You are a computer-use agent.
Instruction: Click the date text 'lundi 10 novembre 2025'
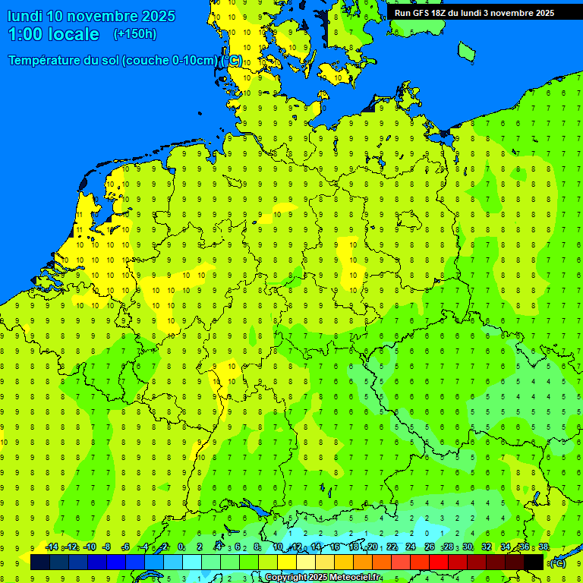pos(91,16)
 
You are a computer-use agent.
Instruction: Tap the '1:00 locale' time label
pos(54,34)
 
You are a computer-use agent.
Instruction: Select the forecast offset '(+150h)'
pos(135,34)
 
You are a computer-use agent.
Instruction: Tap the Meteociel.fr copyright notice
pos(323,578)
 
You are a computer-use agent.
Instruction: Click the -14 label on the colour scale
pos(52,547)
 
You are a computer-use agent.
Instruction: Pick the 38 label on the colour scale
pos(544,547)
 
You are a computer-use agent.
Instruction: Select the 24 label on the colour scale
pos(411,547)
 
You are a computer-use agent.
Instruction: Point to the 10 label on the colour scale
pos(278,547)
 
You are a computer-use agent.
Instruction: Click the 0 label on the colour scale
pos(181,547)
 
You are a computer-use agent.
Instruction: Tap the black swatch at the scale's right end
pos(534,562)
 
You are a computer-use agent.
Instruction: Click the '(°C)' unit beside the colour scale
pos(558,563)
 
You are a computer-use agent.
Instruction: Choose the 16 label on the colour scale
pos(335,547)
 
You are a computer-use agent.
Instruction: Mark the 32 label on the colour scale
pos(487,547)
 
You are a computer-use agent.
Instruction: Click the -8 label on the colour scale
pos(107,547)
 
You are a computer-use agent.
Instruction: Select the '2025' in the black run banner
pos(541,13)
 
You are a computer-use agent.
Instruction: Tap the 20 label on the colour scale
pos(373,547)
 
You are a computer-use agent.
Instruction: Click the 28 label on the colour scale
pos(449,547)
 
